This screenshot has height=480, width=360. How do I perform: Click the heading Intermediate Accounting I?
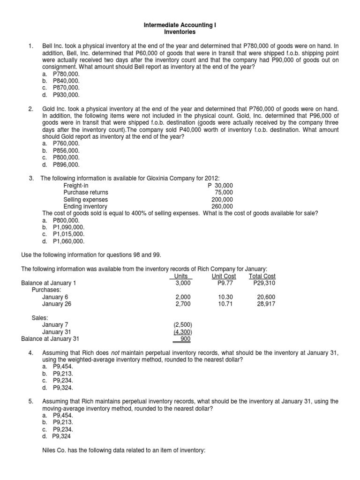[x=180, y=25]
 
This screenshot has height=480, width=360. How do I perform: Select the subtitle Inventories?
[x=180, y=32]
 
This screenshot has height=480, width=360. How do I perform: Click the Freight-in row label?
[x=76, y=186]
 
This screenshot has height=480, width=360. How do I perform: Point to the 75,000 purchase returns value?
[x=224, y=193]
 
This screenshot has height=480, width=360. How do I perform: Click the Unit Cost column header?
[x=224, y=276]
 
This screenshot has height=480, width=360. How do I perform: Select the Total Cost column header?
[x=262, y=276]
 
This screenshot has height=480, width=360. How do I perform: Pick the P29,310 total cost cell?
[x=264, y=283]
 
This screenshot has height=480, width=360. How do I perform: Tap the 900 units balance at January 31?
[x=186, y=338]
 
